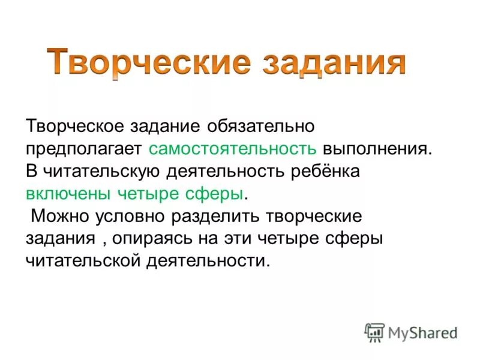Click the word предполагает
click(83, 149)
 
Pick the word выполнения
click(377, 149)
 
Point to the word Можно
click(59, 215)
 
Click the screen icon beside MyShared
click(374, 331)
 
